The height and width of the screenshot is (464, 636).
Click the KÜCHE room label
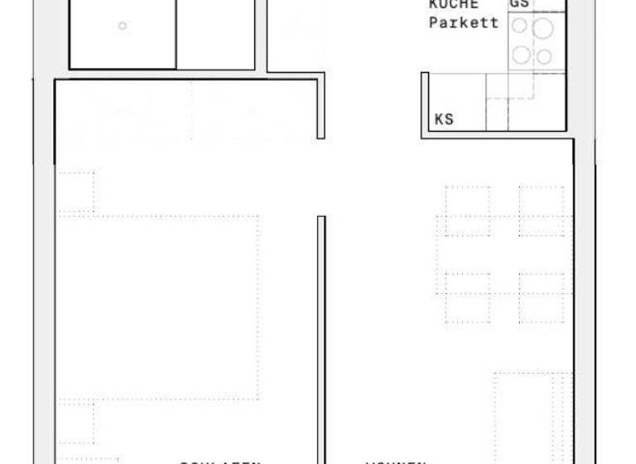tap(453, 4)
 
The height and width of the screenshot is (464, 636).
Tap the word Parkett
tap(464, 22)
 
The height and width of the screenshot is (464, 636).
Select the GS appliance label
tap(520, 4)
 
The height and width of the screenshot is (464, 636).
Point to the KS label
tap(444, 119)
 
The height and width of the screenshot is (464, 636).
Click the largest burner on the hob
tap(542, 30)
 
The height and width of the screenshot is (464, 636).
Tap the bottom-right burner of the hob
tap(543, 56)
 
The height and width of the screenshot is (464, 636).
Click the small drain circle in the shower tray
tap(123, 26)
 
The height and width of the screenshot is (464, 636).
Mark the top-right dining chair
tap(542, 210)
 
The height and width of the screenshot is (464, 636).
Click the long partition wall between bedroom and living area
tap(321, 340)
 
